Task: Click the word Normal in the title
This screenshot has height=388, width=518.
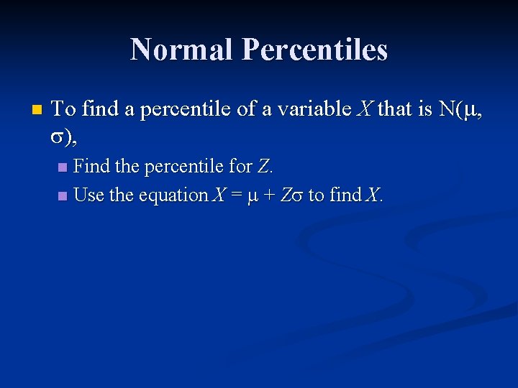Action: coord(183,50)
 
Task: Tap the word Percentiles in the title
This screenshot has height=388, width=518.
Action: coord(314,50)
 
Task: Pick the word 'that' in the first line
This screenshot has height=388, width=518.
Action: coord(394,110)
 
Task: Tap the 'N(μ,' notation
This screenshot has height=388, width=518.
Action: coord(458,110)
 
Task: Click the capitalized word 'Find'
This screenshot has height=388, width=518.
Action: coord(93,167)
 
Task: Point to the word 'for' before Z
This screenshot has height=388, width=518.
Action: coord(240,167)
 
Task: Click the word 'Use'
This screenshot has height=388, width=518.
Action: coord(90,195)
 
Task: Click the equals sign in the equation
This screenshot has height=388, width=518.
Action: coord(235,195)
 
